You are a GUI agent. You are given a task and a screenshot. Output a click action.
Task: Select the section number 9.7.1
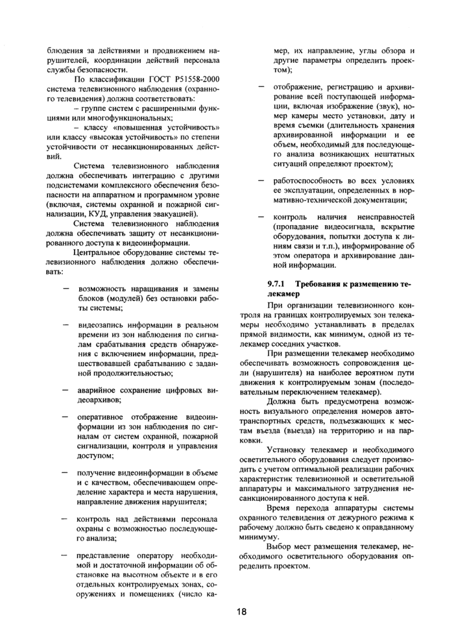pyautogui.click(x=278, y=284)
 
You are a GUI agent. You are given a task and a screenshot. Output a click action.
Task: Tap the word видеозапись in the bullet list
pyautogui.click(x=99, y=324)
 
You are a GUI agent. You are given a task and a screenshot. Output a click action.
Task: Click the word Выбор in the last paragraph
pyautogui.click(x=278, y=547)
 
